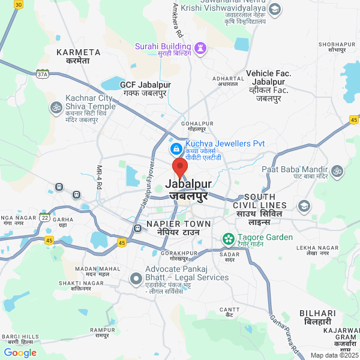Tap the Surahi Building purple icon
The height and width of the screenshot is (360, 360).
tap(201, 47)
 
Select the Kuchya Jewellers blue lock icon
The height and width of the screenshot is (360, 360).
tap(176, 148)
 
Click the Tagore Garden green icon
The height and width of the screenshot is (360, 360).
tap(228, 239)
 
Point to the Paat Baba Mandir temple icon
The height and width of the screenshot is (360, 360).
tap(337, 172)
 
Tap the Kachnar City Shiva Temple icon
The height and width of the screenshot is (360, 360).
tap(56, 107)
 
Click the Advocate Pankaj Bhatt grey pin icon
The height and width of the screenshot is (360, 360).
tap(136, 278)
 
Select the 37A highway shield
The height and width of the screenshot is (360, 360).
tap(41, 74)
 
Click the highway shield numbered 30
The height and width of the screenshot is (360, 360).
tap(19, 4)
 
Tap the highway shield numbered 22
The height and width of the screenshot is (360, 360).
tap(45, 217)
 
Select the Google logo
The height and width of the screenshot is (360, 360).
tap(20, 353)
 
